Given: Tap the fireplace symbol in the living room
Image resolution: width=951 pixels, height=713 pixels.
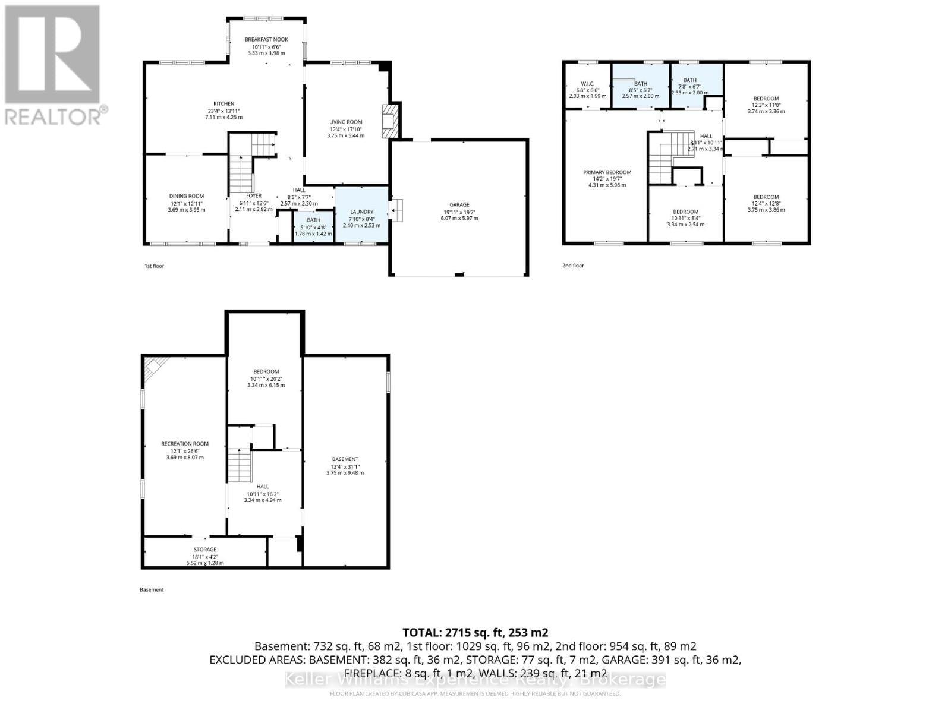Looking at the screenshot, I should (x=391, y=122).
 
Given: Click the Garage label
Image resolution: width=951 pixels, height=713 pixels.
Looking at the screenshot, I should (x=459, y=205).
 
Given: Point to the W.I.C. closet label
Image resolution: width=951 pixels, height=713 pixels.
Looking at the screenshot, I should (x=587, y=83).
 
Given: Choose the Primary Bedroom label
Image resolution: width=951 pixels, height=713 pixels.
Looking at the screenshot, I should (x=607, y=172).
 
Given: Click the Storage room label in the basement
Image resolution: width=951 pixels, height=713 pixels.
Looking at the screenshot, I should (x=204, y=550).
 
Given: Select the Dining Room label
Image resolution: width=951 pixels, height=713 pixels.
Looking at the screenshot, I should (x=186, y=196).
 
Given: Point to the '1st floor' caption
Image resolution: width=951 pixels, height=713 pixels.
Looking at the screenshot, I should (x=154, y=266).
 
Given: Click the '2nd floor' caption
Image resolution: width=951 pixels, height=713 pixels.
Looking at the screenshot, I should (x=573, y=266).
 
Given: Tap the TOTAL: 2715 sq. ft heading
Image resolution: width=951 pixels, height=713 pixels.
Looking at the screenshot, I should (x=475, y=632).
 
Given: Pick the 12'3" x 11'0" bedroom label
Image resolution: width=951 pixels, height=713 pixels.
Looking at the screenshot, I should (x=766, y=99).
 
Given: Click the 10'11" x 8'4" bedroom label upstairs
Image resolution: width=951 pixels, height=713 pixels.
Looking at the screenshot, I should (x=685, y=212).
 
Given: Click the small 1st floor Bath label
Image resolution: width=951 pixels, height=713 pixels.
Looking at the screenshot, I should (x=313, y=220).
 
